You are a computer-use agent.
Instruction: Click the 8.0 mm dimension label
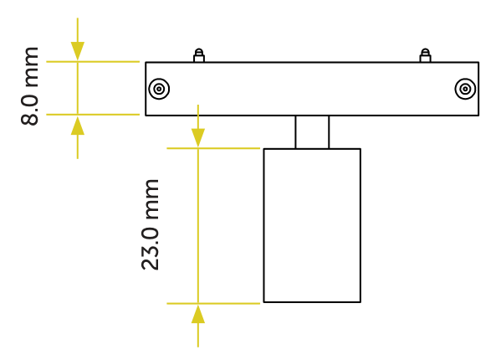pos(29,86)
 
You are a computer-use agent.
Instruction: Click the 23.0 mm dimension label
pos(150,224)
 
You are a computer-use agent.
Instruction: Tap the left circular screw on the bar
pos(159,89)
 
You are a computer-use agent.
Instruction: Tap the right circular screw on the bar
pos(465,89)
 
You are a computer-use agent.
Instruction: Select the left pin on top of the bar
pos(199,55)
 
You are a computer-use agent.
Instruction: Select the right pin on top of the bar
pos(425,55)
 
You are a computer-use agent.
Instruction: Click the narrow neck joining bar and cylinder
pos(312,132)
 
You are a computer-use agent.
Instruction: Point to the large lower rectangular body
pos(312,225)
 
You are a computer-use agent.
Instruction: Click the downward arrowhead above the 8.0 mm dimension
pos(78,51)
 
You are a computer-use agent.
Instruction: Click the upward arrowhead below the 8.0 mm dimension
pos(78,126)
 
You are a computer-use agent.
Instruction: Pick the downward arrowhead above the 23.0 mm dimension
pos(198,138)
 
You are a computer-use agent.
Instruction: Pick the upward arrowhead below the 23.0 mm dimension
pos(198,314)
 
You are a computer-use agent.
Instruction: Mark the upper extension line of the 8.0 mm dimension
pos(93,61)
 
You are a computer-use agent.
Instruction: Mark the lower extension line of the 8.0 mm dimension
pos(93,115)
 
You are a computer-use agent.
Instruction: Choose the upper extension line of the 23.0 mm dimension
pos(213,148)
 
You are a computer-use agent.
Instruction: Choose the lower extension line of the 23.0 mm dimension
pos(213,303)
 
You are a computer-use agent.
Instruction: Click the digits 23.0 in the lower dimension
pos(150,249)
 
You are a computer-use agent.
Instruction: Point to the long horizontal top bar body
pos(312,89)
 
